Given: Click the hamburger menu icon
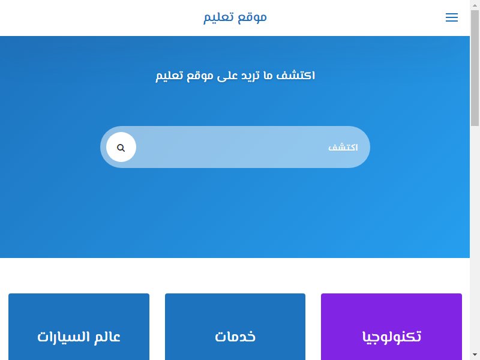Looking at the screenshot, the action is (x=452, y=17).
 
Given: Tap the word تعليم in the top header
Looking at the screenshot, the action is (x=218, y=17).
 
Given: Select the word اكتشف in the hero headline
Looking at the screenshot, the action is (x=295, y=76).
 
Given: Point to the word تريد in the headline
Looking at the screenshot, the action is (x=250, y=76).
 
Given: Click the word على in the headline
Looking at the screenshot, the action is (x=227, y=76).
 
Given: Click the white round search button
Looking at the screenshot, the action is (x=121, y=147).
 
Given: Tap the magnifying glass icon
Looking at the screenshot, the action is (x=121, y=148).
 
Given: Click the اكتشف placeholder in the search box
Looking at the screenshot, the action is (x=343, y=148).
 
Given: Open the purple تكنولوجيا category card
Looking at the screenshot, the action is (x=391, y=326).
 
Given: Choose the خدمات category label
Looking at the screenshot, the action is (x=235, y=337).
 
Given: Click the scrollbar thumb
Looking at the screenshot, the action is (x=475, y=68).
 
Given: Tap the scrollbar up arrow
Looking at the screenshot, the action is (x=475, y=4).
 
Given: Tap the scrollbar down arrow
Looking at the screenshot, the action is (x=475, y=356).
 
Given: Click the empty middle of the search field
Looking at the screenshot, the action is (x=233, y=147).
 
